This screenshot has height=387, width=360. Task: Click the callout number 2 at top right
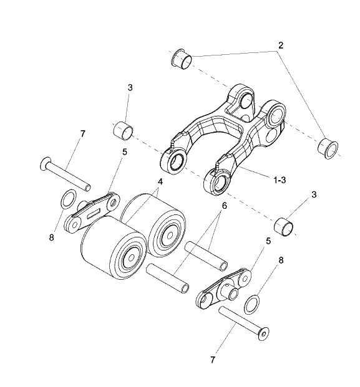pyautogui.click(x=280, y=45)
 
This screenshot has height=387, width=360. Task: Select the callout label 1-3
pyautogui.click(x=280, y=180)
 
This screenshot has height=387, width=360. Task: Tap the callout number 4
pyautogui.click(x=160, y=182)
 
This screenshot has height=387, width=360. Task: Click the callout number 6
pyautogui.click(x=224, y=206)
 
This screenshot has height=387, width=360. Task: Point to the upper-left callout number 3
pyautogui.click(x=130, y=87)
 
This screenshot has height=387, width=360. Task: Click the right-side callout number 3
pyautogui.click(x=314, y=194)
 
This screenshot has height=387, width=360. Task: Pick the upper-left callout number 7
pyautogui.click(x=82, y=134)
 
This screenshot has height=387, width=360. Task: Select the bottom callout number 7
pyautogui.click(x=213, y=360)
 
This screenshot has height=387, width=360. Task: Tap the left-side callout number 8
pyautogui.click(x=51, y=237)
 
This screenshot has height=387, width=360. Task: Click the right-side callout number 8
pyautogui.click(x=281, y=260)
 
